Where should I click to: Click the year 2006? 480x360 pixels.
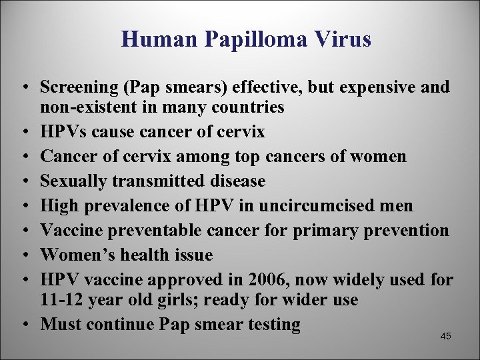[x=264, y=280]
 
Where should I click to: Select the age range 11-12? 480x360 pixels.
[x=59, y=300]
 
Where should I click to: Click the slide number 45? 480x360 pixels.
[x=446, y=336]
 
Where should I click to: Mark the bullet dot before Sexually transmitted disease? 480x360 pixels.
[x=25, y=181]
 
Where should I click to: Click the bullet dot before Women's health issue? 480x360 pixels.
[x=25, y=255]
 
